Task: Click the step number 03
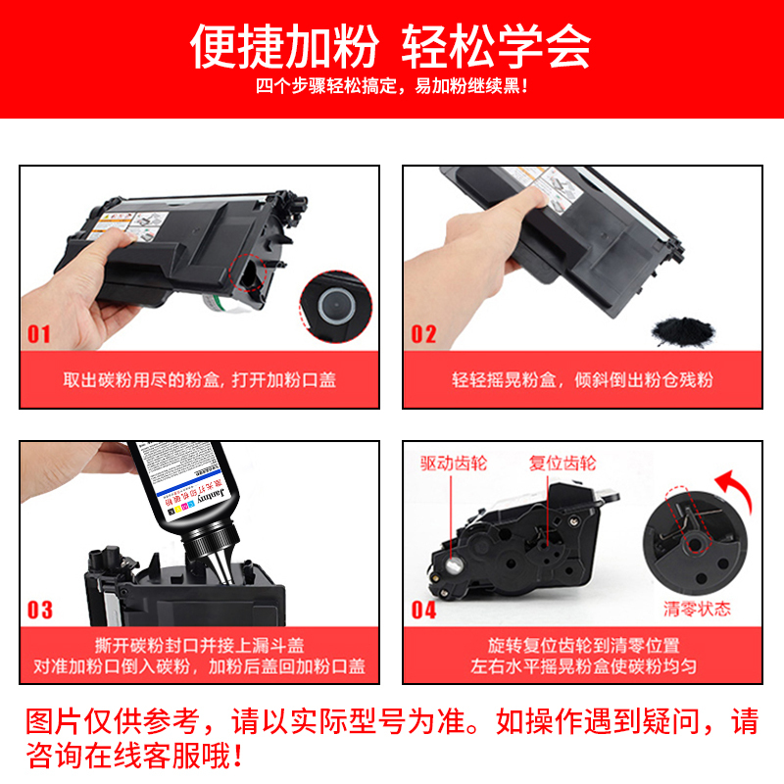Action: pos(39,611)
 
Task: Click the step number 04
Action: pos(423,611)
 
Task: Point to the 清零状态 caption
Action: pos(697,608)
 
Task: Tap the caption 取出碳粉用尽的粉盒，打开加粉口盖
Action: pos(199,379)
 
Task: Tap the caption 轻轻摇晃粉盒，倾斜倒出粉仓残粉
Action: pos(585,379)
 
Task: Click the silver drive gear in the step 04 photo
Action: pos(453,565)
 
